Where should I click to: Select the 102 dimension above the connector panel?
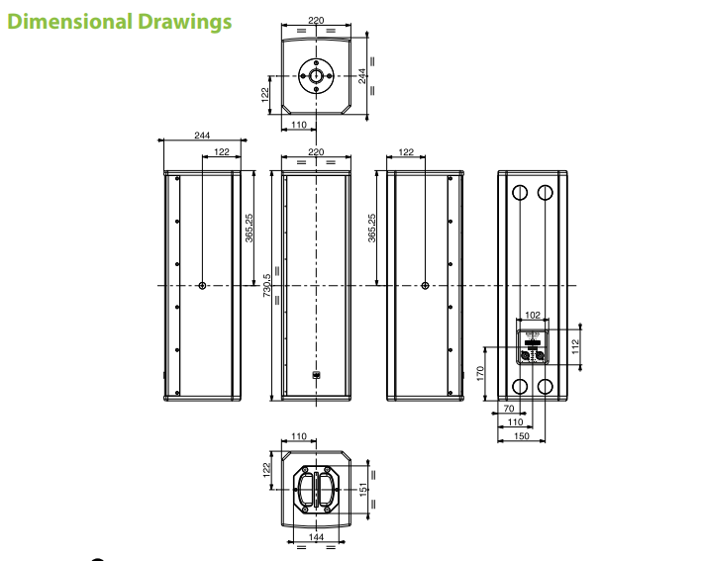533,315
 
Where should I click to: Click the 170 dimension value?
480,374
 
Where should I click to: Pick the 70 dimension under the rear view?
507,407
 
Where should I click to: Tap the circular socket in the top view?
316,75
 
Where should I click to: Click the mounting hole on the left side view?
202,285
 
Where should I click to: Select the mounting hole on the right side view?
425,285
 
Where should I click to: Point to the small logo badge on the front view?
317,374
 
